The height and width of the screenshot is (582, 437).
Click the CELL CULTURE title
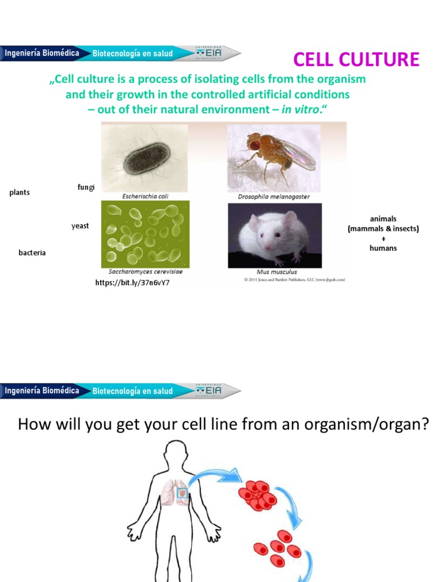click(356, 59)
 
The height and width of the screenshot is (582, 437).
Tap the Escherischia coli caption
click(145, 196)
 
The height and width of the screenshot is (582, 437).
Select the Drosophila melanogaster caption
click(274, 197)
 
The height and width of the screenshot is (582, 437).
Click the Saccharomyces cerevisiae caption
click(146, 272)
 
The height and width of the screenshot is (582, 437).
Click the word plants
click(19, 193)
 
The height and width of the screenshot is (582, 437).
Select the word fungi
click(85, 187)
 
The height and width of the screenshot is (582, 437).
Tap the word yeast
click(80, 226)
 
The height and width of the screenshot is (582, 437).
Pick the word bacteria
click(32, 252)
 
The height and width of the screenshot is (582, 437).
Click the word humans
click(383, 248)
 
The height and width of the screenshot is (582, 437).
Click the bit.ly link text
click(132, 282)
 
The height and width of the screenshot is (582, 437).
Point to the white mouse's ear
click(290, 219)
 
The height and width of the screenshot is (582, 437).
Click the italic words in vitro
click(300, 109)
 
